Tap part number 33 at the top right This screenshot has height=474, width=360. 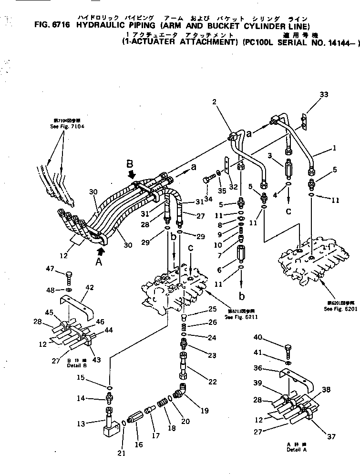point(324,95)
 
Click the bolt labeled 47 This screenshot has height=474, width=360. point(68,277)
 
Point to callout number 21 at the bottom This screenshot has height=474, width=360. point(122,453)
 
